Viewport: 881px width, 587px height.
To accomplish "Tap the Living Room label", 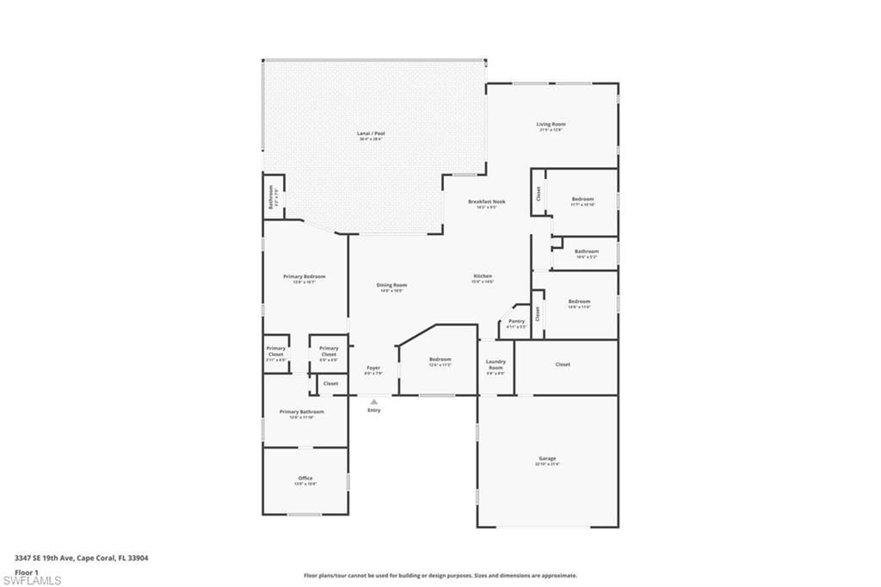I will (x=551, y=125).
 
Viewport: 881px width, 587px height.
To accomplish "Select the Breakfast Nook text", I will (x=486, y=202).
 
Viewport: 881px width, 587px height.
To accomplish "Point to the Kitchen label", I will (x=482, y=276).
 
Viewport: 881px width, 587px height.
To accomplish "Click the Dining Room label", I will (x=391, y=286).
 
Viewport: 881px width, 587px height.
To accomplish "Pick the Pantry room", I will (x=516, y=322).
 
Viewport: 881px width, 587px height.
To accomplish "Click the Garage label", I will (x=547, y=459).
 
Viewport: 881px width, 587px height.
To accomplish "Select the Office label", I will (x=305, y=479).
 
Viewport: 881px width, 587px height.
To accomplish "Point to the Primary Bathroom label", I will (x=301, y=412).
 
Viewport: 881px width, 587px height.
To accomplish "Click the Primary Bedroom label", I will (x=304, y=277).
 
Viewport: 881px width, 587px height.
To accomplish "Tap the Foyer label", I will (x=373, y=368).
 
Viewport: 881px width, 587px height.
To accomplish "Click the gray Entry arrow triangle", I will (x=373, y=400).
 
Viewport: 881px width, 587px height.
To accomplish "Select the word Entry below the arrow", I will (x=373, y=410).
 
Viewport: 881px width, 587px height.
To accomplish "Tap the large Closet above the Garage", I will (x=563, y=364).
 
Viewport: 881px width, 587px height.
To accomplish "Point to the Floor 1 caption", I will (x=27, y=572).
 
